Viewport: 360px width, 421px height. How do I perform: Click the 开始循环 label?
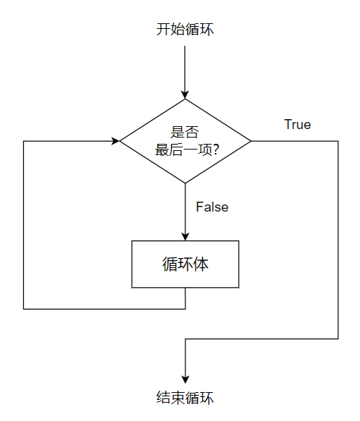click(x=185, y=30)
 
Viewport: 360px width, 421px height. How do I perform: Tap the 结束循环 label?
click(x=185, y=398)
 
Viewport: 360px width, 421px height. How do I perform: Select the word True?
click(x=297, y=125)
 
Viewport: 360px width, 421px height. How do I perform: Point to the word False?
click(x=212, y=207)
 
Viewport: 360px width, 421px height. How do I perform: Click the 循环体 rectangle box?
click(x=185, y=264)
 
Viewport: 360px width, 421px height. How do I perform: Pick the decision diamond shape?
click(x=185, y=141)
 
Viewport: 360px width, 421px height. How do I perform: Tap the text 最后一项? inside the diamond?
click(x=185, y=150)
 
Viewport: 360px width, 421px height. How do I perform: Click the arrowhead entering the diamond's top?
click(x=185, y=94)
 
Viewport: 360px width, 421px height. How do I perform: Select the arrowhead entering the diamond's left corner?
click(x=115, y=141)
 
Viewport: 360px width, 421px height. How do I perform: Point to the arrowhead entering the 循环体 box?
click(x=185, y=236)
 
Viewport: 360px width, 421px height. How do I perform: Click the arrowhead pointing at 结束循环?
click(x=185, y=377)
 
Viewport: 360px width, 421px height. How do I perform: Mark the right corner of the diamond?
click(x=250, y=141)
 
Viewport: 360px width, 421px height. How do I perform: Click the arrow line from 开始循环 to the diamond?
click(x=185, y=67)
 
